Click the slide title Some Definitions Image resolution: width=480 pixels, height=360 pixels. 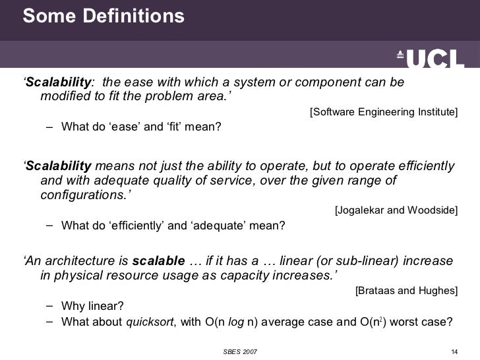pos(104,16)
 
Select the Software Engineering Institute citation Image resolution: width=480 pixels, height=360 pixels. pos(383,112)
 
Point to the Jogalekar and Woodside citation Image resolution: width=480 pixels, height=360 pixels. pos(396,211)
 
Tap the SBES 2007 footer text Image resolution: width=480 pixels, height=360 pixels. pos(239,350)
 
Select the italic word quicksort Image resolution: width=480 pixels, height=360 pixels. pos(148,322)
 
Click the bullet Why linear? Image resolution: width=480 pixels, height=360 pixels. pos(92,307)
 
